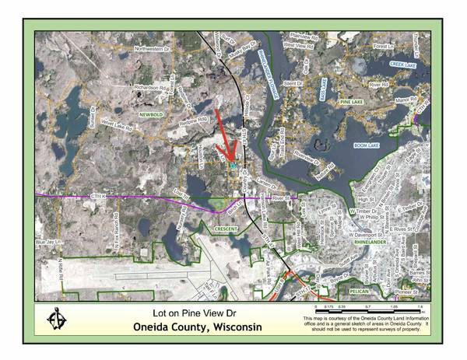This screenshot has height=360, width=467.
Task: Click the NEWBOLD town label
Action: pyautogui.click(x=153, y=114)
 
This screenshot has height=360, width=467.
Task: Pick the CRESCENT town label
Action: pyautogui.click(x=226, y=230)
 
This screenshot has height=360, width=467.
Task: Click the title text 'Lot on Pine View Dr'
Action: pyautogui.click(x=180, y=313)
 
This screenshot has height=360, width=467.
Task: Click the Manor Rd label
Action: pyautogui.click(x=407, y=99)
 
